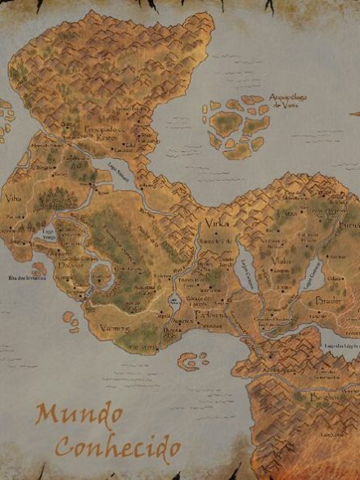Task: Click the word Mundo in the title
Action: (67, 416)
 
